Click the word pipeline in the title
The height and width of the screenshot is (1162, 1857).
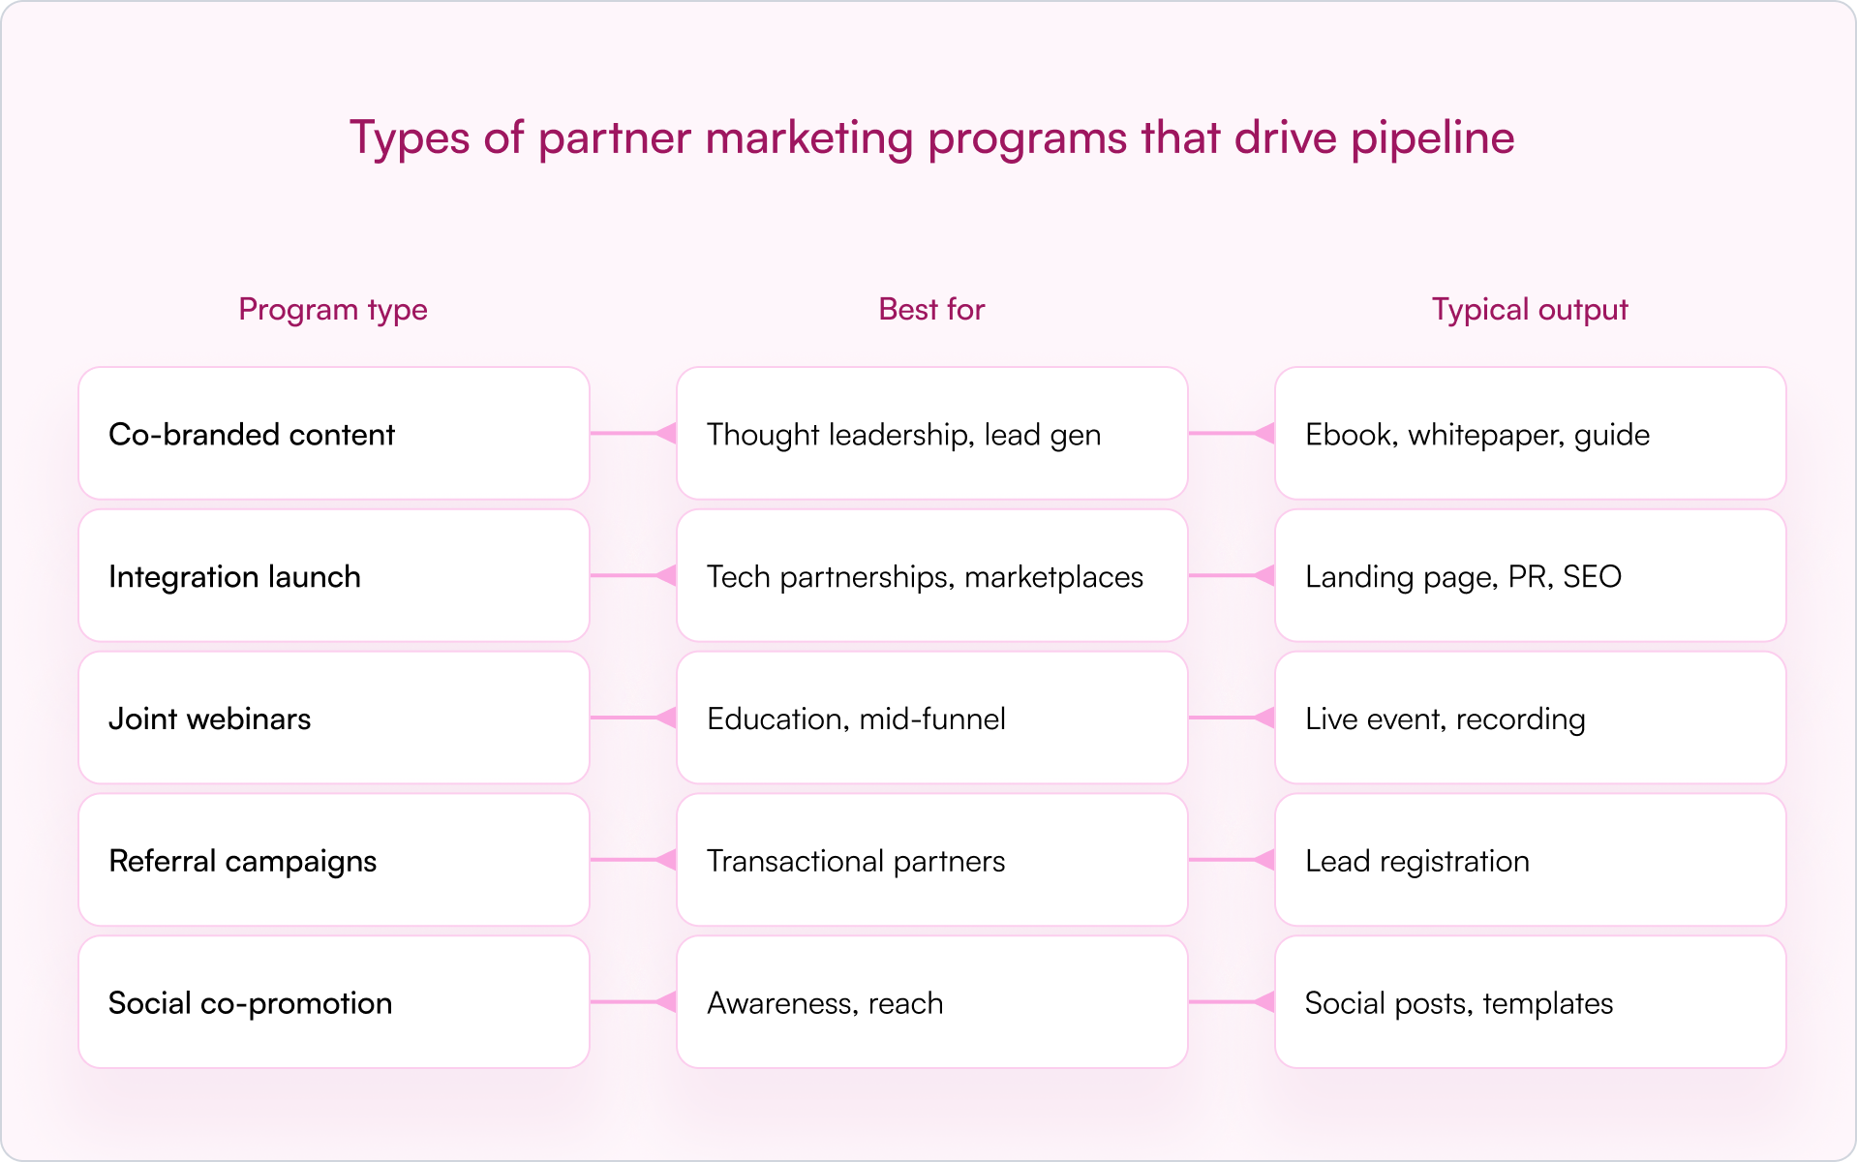1432,138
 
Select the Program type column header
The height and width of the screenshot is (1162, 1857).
333,310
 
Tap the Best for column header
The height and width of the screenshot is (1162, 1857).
930,310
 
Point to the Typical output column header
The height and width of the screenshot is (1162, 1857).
1529,310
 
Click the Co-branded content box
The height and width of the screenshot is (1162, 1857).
334,434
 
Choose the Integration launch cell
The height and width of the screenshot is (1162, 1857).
334,576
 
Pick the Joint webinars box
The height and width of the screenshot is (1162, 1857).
334,719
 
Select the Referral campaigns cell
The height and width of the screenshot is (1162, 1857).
334,861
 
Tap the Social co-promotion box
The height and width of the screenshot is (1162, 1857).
334,1003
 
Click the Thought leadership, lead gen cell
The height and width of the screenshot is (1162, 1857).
931,434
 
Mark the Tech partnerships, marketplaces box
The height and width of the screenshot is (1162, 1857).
931,576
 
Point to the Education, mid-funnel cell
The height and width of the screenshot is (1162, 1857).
931,719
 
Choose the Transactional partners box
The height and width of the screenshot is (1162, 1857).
931,861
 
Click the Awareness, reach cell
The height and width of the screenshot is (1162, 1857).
931,1003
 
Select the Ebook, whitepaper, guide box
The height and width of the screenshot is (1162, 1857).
1530,434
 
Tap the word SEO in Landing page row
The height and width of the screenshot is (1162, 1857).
1592,577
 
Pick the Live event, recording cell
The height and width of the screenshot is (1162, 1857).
1530,719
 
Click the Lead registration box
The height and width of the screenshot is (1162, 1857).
1530,861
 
